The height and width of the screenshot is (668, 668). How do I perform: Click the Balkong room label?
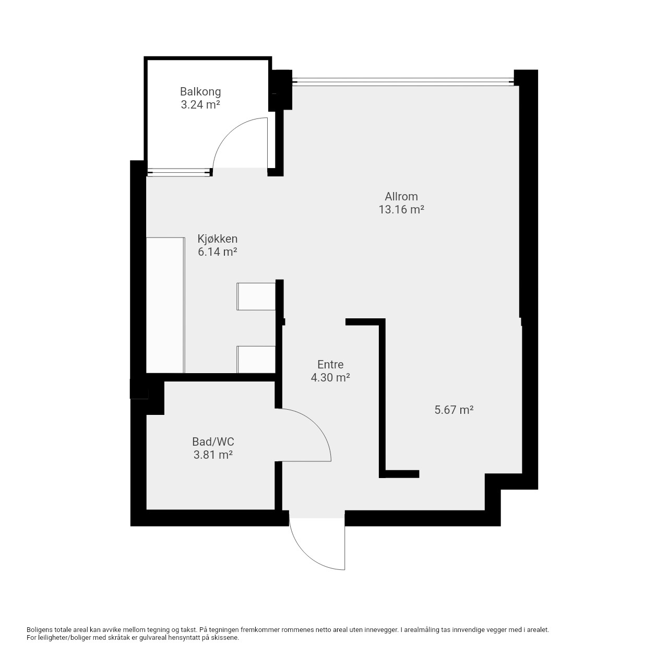(x=200, y=92)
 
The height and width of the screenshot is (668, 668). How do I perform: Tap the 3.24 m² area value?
(x=200, y=105)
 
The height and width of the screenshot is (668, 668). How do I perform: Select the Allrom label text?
(x=401, y=197)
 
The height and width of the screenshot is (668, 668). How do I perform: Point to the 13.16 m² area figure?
(x=401, y=210)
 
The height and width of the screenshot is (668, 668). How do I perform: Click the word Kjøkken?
(x=217, y=239)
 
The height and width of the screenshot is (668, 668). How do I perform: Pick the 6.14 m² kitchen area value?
(x=217, y=252)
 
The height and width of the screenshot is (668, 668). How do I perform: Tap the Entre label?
(x=330, y=364)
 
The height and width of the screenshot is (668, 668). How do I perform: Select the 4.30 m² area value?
(x=330, y=377)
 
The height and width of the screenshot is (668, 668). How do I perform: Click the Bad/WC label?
(x=213, y=442)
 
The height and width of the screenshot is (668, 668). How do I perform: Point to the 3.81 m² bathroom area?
(x=213, y=455)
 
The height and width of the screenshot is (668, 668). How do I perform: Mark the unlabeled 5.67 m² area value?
(x=454, y=410)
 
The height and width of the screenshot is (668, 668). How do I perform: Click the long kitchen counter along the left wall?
(x=165, y=305)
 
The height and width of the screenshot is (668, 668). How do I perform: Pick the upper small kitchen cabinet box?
(x=256, y=296)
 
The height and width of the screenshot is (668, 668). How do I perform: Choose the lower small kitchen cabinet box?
(x=256, y=360)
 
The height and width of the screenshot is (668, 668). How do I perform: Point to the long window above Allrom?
(x=403, y=82)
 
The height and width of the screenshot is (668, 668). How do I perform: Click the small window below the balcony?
(x=179, y=172)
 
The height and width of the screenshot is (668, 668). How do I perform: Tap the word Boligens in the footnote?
(x=39, y=629)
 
